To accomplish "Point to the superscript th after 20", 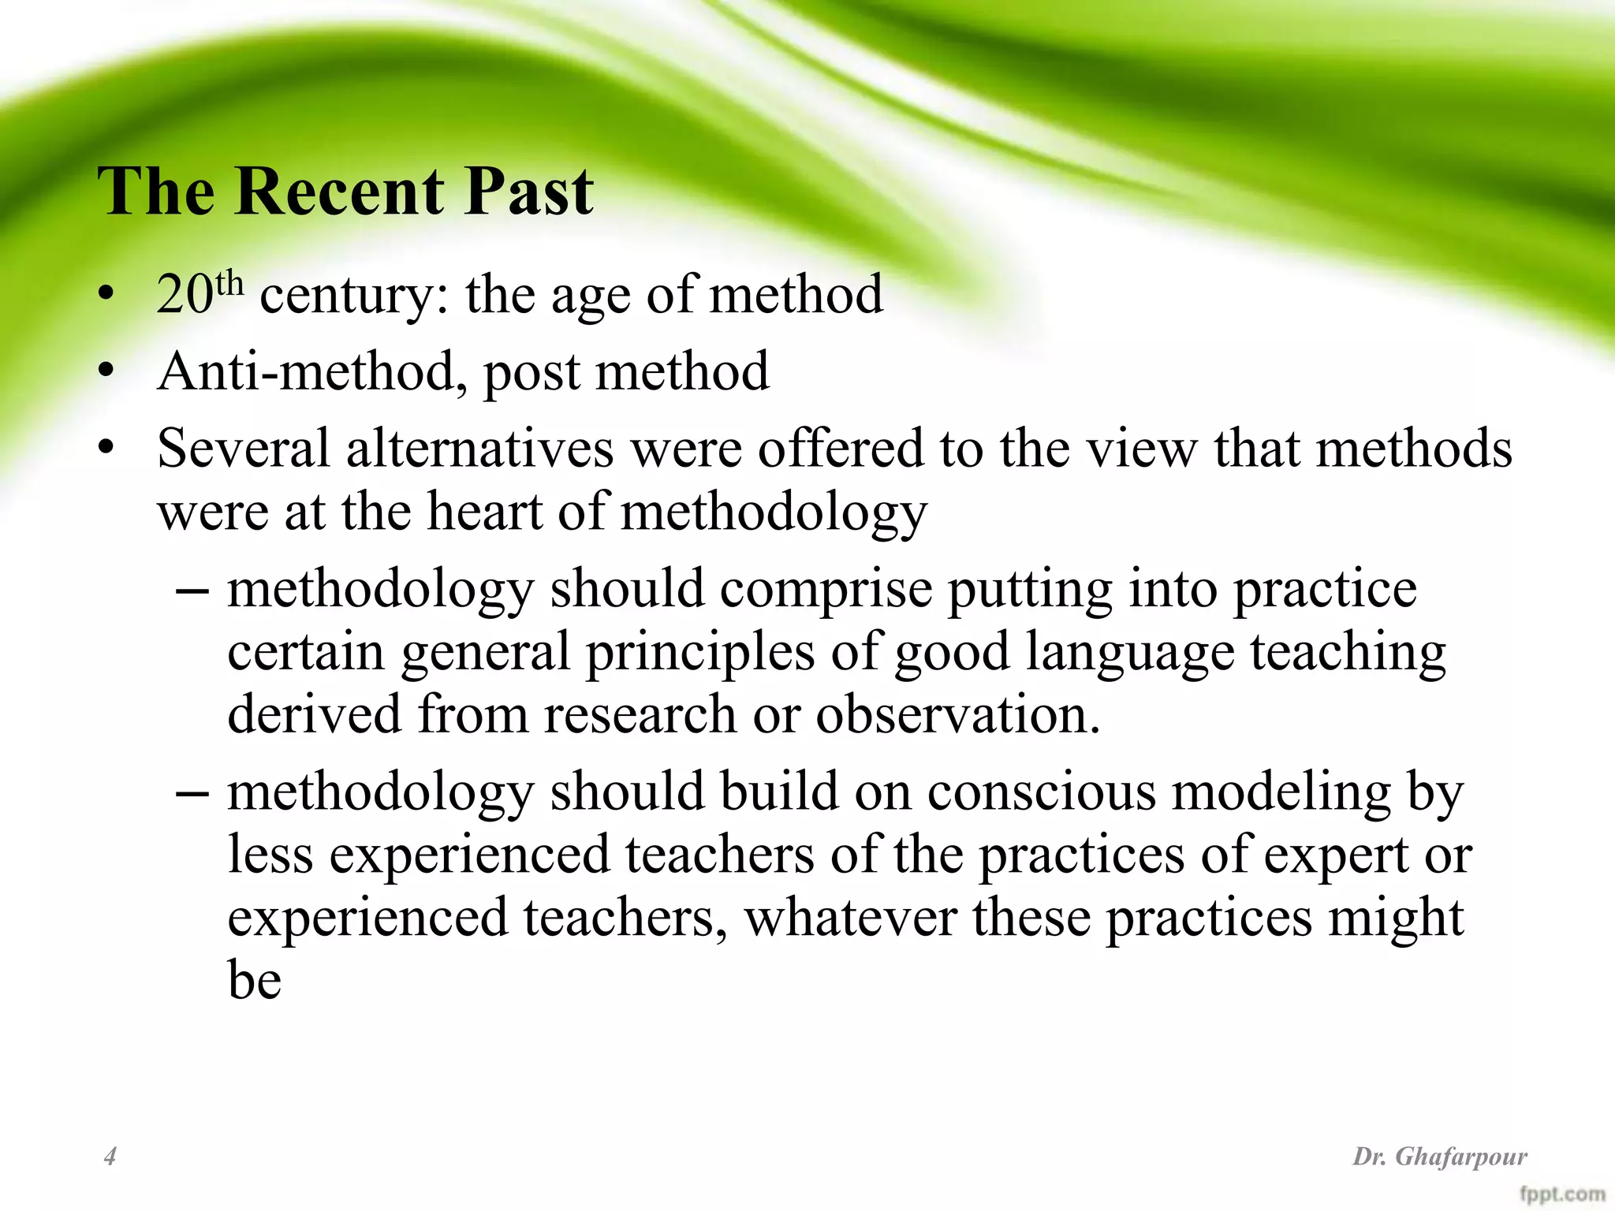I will (x=229, y=284).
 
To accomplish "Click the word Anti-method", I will (x=307, y=371).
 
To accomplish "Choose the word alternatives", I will (x=479, y=448).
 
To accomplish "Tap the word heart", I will (x=484, y=511).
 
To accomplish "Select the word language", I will (x=1130, y=654).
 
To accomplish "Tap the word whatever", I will (x=850, y=918).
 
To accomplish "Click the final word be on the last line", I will (x=254, y=981).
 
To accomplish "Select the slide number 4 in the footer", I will (x=110, y=1157).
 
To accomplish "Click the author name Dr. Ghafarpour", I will (x=1440, y=1157).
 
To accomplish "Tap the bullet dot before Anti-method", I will (x=106, y=372).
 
